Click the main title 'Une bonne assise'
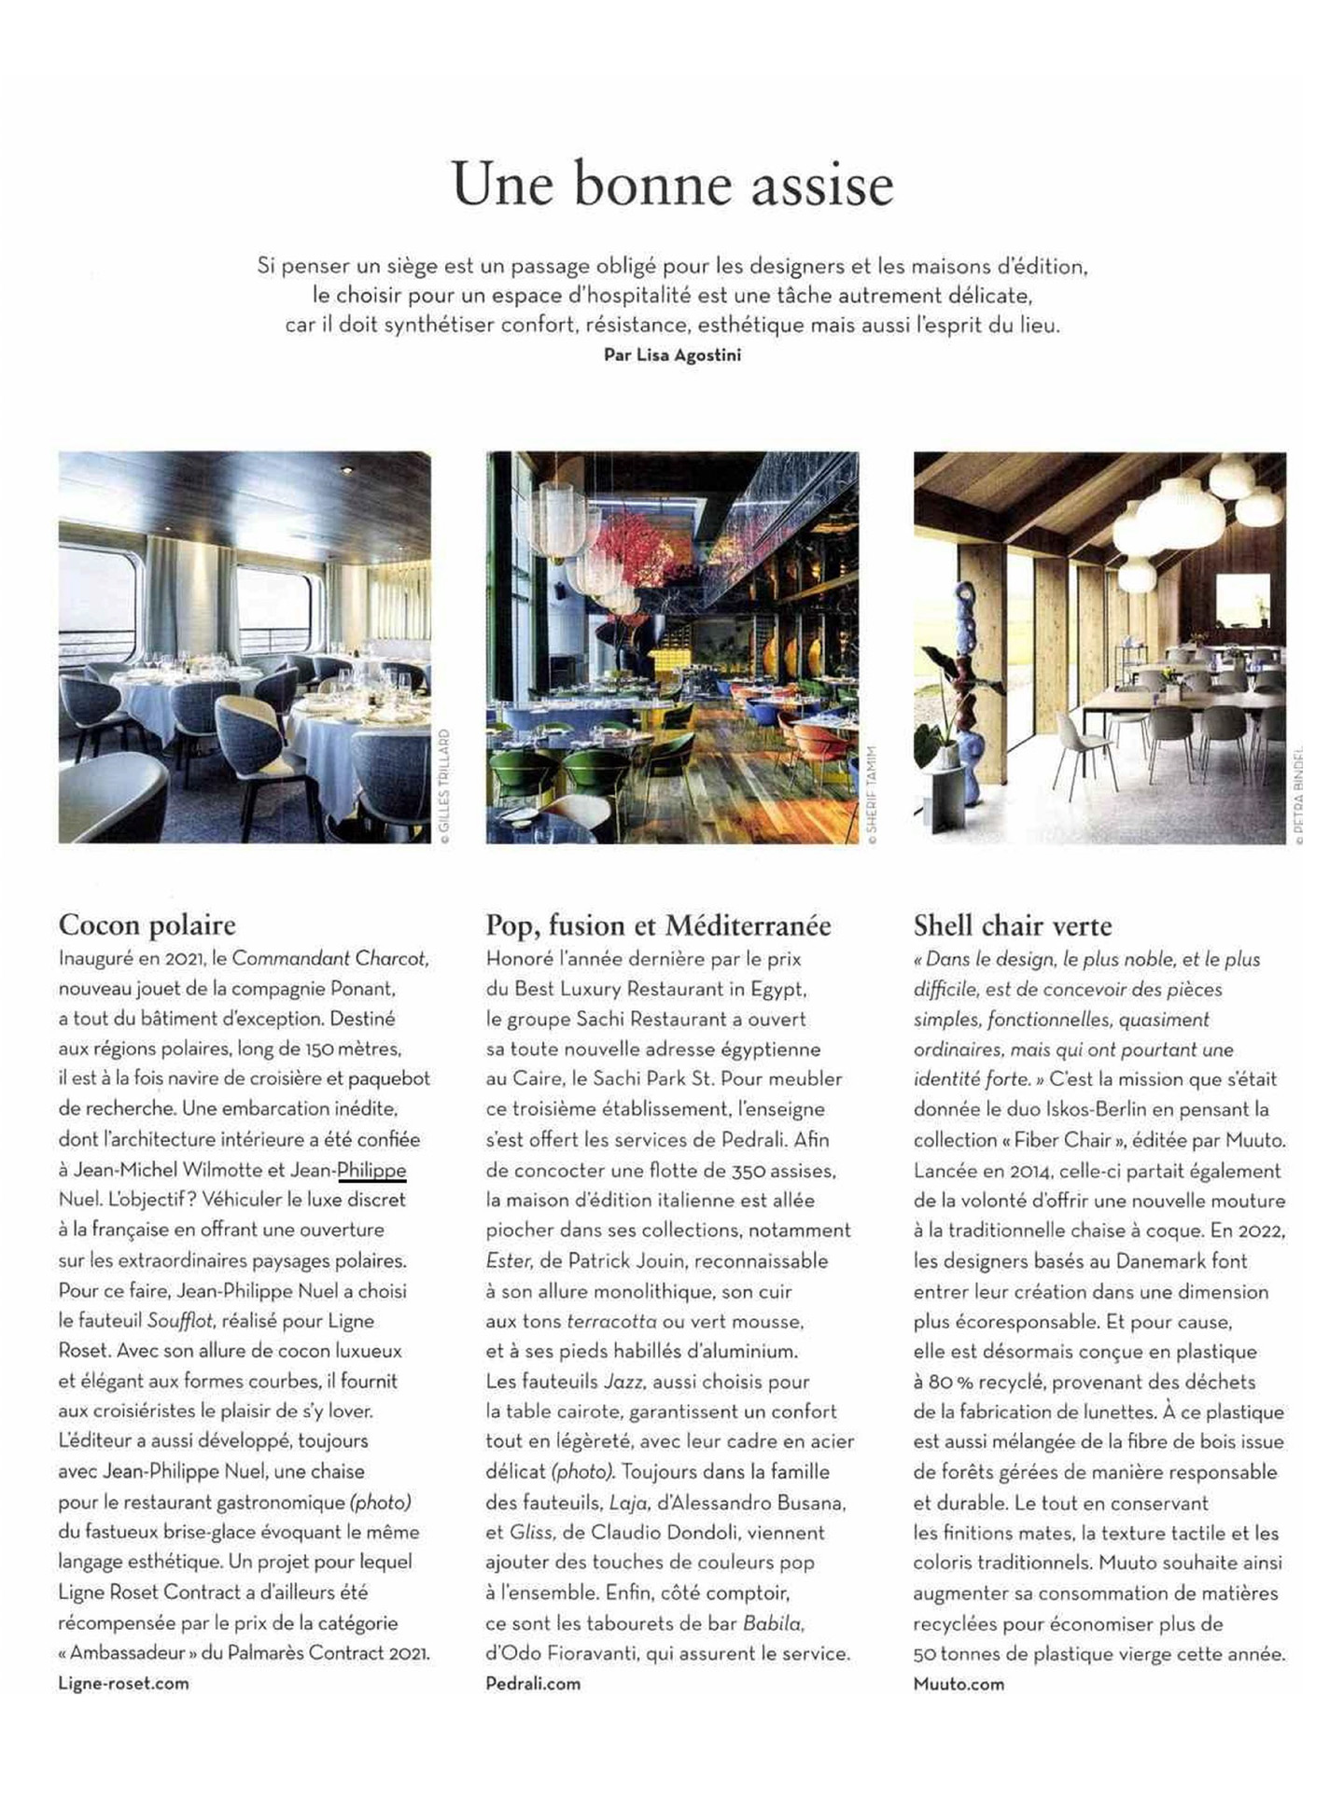click(672, 184)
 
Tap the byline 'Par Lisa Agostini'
click(672, 355)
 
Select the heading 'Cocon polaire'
click(147, 924)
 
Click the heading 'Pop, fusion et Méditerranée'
click(658, 925)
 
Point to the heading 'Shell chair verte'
click(1013, 925)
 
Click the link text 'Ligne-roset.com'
click(123, 1683)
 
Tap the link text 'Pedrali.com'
click(533, 1683)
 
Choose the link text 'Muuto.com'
click(959, 1684)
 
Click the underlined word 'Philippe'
click(371, 1170)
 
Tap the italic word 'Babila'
click(773, 1623)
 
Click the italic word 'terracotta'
click(611, 1322)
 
